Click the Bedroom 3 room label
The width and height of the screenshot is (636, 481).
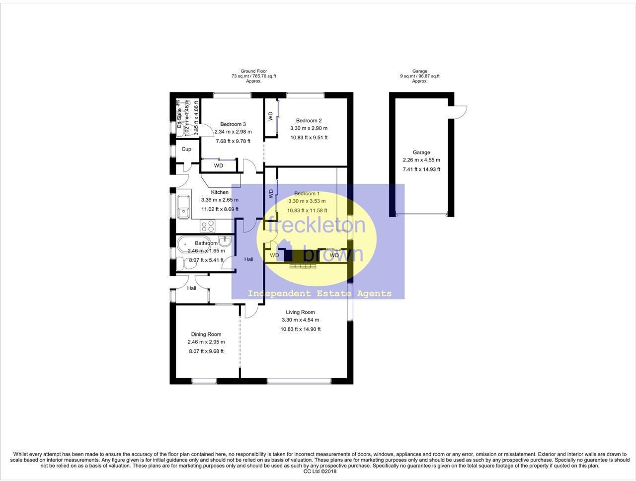(233, 124)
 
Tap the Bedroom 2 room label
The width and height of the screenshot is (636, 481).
(309, 120)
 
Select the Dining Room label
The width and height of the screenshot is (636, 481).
(206, 334)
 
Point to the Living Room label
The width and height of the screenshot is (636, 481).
(300, 313)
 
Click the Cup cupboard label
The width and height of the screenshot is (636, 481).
(186, 149)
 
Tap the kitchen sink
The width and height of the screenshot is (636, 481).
(183, 207)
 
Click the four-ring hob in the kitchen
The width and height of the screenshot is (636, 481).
(208, 226)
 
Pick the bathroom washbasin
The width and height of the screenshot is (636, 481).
(225, 241)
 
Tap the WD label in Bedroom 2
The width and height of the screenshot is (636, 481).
(270, 116)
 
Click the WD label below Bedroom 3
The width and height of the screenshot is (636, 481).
(219, 165)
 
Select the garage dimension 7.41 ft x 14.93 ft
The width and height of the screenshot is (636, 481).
(421, 169)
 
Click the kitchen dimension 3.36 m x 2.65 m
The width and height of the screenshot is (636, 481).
(220, 200)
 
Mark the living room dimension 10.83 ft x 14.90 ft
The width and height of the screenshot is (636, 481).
(300, 329)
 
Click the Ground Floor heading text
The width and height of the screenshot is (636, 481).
(253, 71)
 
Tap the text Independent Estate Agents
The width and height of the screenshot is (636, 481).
(319, 294)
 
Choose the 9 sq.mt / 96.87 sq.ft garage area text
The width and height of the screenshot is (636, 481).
(420, 76)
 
